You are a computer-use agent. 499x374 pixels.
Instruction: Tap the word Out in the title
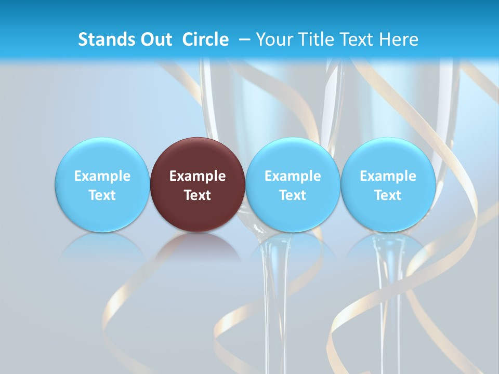154,39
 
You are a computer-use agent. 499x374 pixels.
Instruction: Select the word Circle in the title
205,39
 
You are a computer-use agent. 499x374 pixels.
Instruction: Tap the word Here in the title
399,39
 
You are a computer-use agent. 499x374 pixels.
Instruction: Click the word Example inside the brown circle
198,176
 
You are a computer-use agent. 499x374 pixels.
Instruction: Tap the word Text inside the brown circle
198,195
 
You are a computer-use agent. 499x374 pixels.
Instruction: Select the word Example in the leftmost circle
102,176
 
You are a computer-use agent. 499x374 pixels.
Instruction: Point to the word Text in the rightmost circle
388,195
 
